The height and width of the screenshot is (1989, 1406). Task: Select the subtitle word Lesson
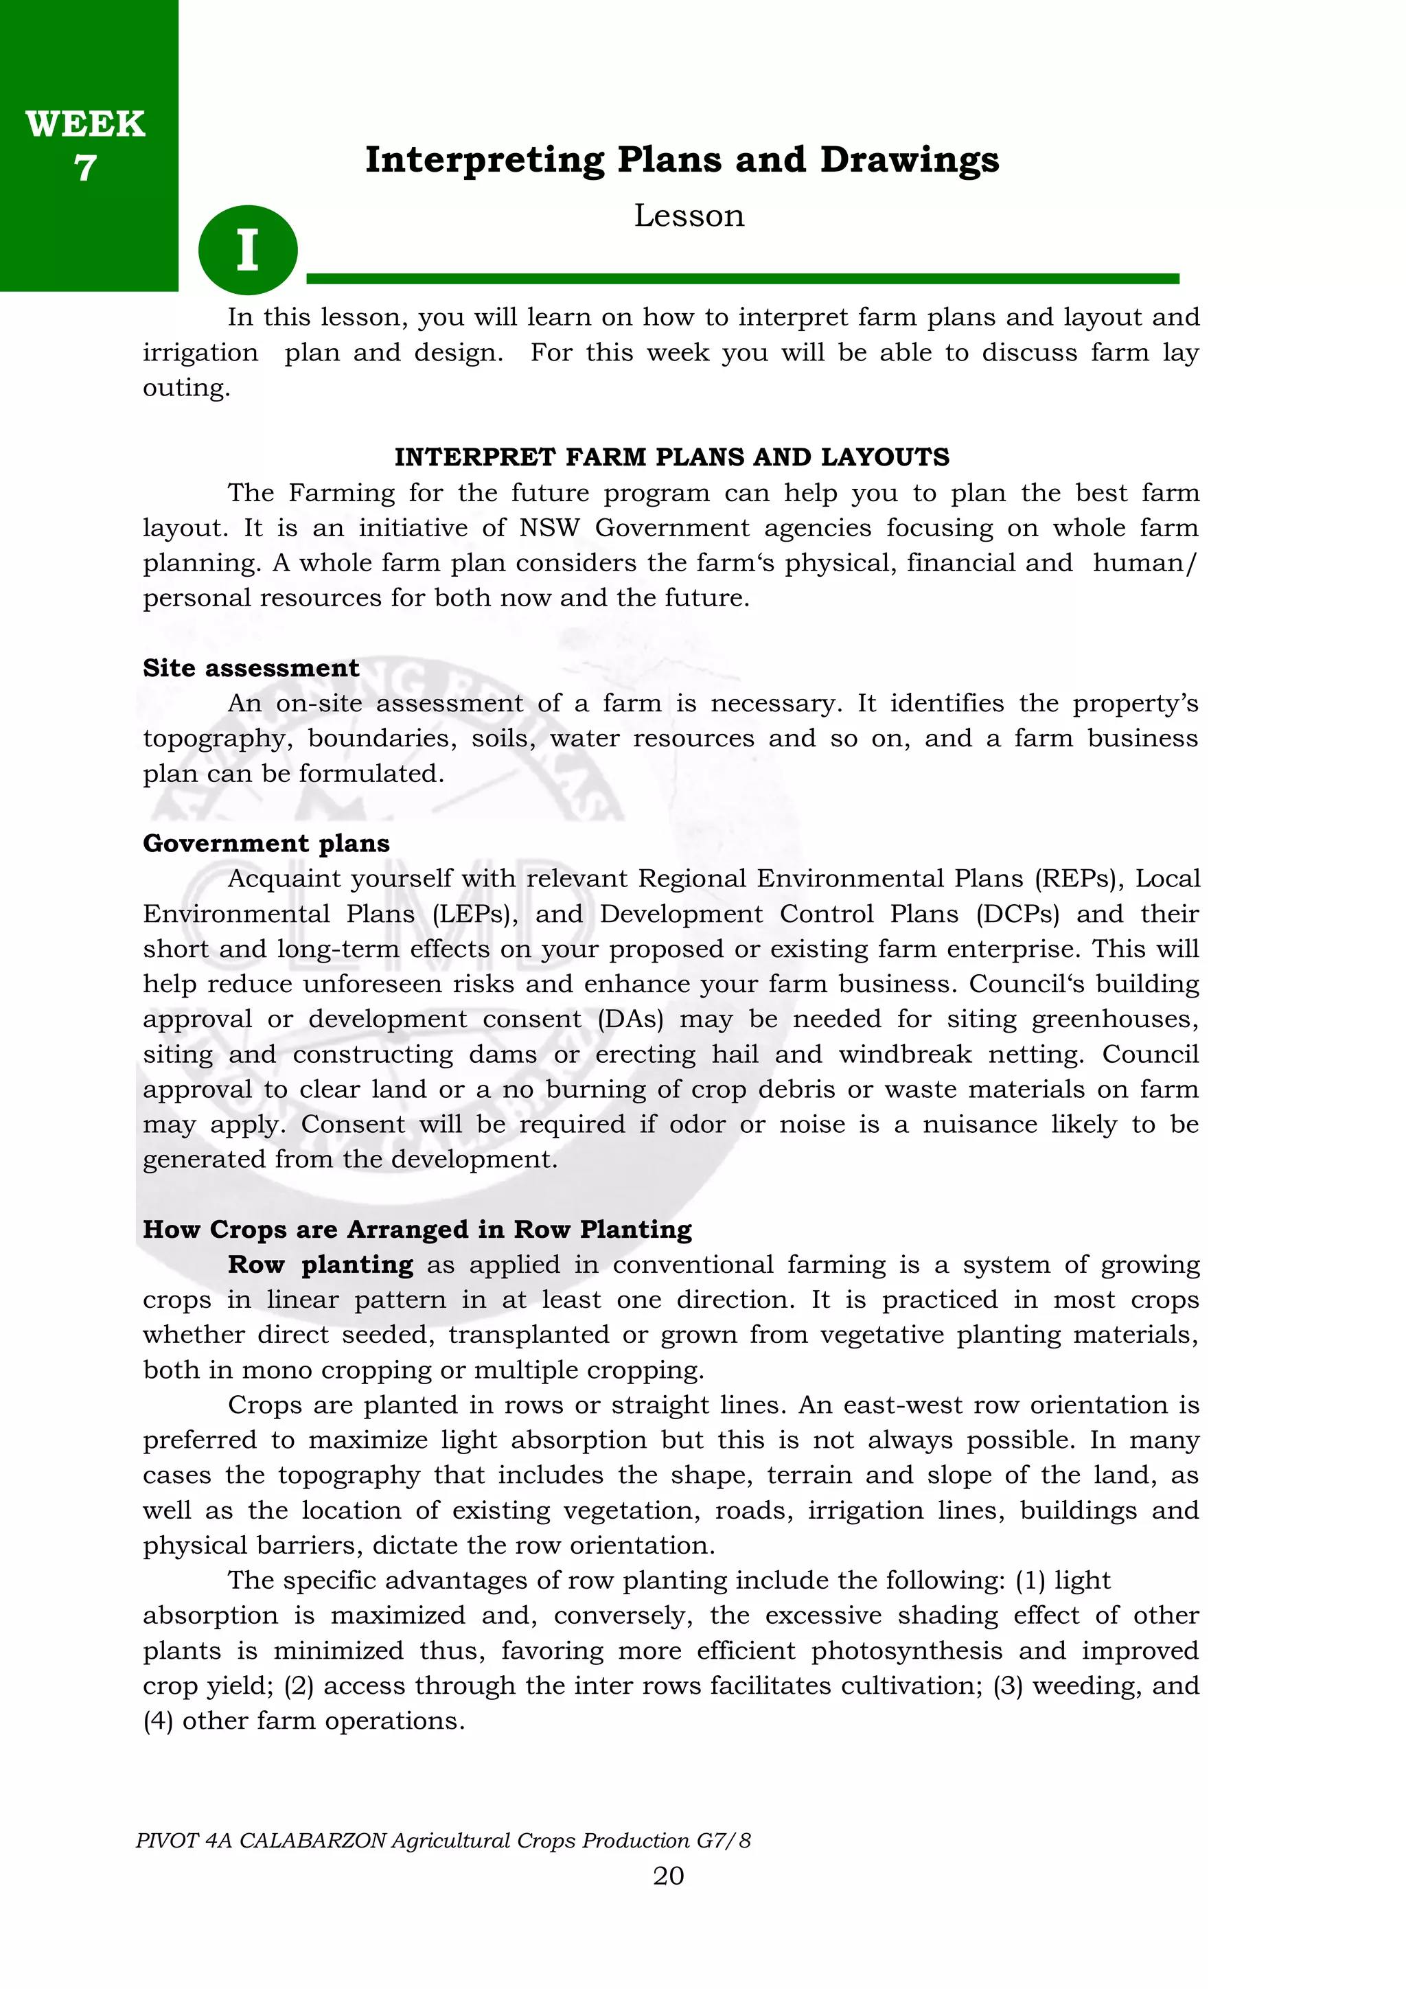[x=689, y=216]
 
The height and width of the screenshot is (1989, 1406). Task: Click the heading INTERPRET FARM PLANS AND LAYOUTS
[x=671, y=457]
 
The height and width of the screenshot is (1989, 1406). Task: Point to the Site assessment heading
[x=251, y=668]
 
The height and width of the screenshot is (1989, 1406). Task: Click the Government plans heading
[x=266, y=843]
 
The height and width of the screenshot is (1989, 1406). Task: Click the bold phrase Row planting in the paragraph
[x=321, y=1265]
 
